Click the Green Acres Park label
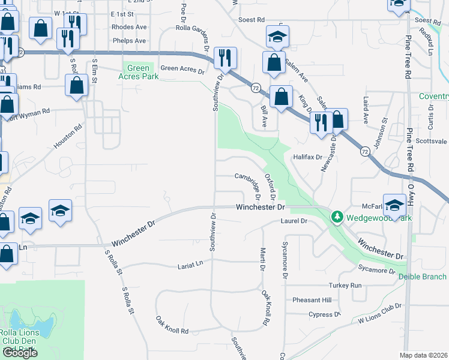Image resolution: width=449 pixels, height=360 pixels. point(138,72)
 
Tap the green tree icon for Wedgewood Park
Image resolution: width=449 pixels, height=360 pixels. point(337,217)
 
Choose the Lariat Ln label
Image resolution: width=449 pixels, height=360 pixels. point(190,264)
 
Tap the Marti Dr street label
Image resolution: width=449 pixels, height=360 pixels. point(262,259)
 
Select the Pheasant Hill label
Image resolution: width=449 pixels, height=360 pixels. point(312,300)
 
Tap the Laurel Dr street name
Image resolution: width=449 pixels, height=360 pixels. point(294,221)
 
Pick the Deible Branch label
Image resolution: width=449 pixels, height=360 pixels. point(423,277)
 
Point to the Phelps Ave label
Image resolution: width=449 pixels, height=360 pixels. point(129,41)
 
